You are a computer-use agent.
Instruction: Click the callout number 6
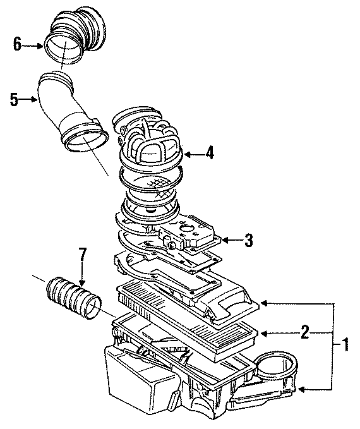click(17, 44)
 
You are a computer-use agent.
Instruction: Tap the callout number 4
click(209, 152)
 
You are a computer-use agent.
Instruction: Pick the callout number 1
click(345, 344)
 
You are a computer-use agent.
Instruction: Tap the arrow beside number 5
click(30, 99)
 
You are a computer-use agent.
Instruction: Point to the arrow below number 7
click(82, 275)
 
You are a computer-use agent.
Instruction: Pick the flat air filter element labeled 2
click(189, 316)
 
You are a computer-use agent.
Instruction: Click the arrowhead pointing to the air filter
click(265, 332)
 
